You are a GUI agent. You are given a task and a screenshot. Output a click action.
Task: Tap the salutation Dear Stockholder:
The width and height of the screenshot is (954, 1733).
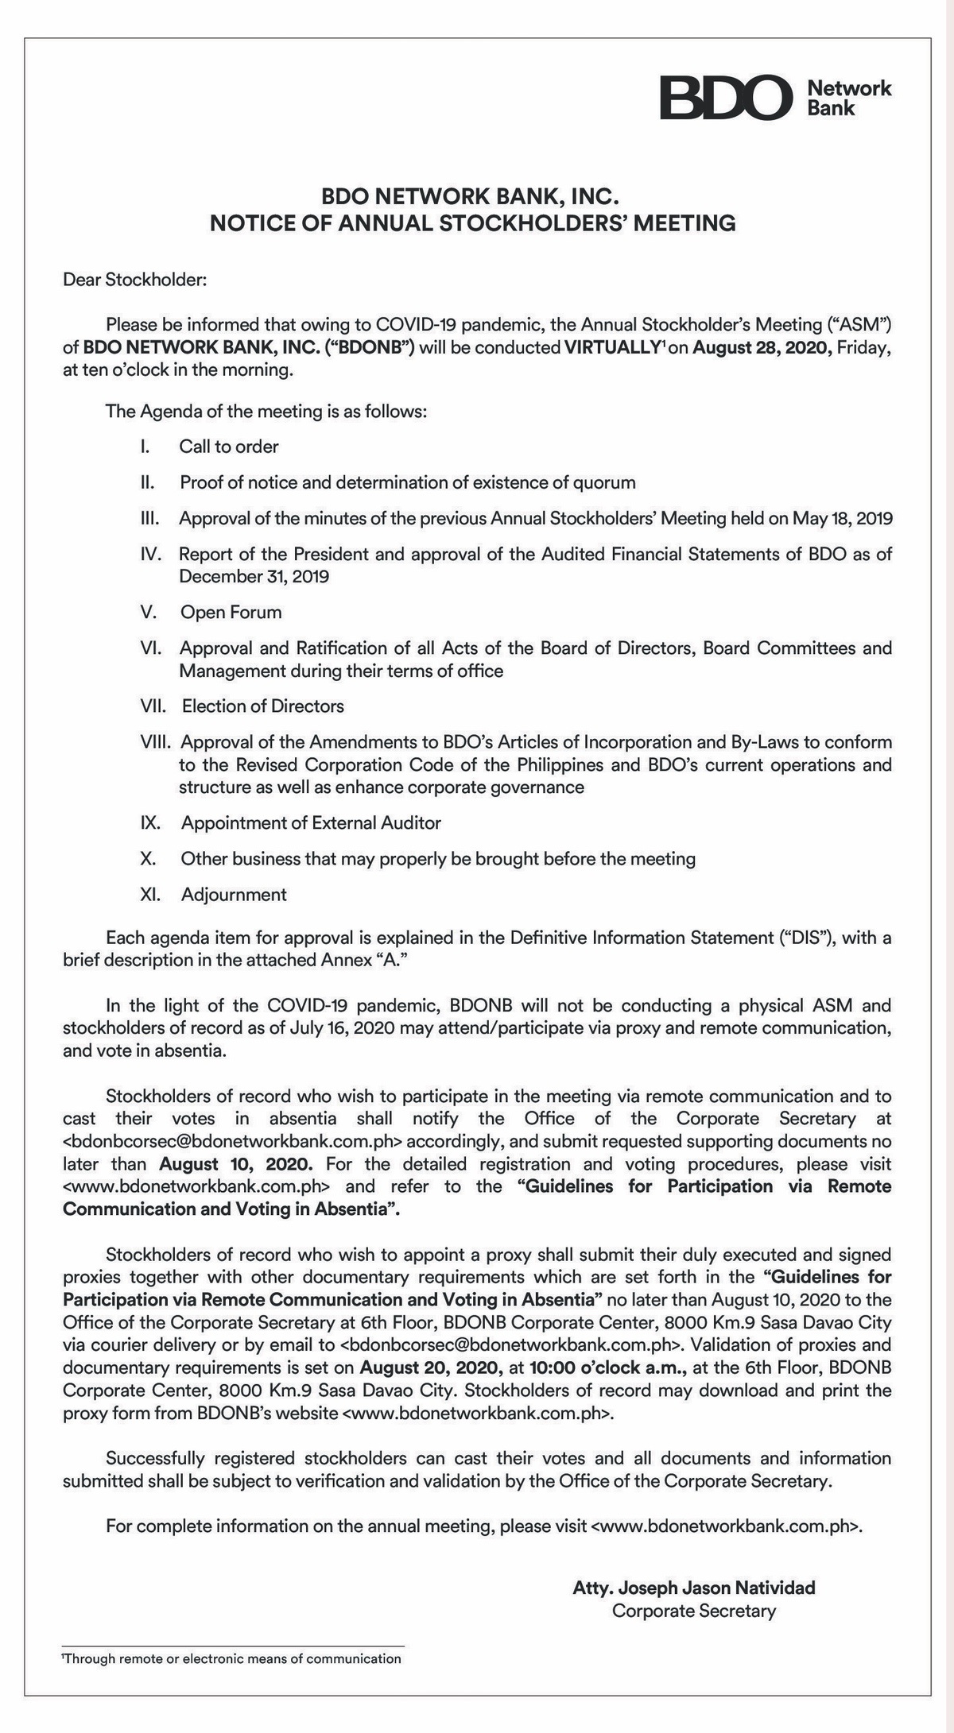click(135, 280)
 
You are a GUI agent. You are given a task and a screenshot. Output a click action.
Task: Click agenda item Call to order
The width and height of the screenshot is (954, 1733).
click(229, 447)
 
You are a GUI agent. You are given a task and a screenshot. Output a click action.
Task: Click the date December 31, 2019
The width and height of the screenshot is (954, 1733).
click(254, 576)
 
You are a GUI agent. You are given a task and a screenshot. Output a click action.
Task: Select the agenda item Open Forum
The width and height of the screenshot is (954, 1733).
click(231, 612)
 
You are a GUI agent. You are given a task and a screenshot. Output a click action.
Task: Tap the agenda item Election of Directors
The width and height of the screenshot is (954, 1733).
click(263, 706)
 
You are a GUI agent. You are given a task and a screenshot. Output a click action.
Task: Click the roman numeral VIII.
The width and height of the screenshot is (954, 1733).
click(156, 742)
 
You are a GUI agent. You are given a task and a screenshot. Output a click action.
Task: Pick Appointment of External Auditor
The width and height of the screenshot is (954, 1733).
click(311, 822)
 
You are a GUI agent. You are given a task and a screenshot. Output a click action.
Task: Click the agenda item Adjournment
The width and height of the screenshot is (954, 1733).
click(234, 894)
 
